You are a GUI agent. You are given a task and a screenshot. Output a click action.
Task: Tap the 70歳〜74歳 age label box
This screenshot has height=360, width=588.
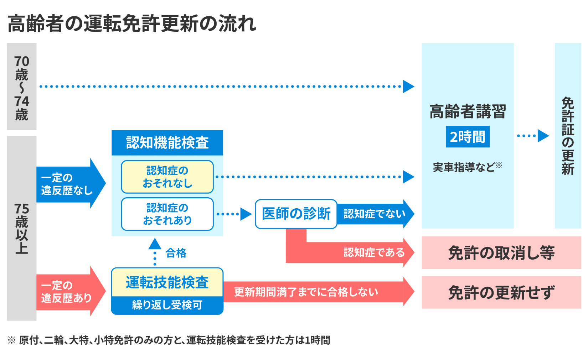point(21,87)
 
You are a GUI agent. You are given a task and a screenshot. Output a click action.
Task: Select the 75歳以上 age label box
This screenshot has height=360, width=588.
point(21,228)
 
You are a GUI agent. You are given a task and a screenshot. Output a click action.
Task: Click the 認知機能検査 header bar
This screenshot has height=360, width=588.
point(167,142)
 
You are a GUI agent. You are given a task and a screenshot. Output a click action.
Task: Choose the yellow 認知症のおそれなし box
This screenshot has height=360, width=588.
point(167,177)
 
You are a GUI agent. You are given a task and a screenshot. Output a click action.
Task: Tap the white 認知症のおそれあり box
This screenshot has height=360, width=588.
point(167,214)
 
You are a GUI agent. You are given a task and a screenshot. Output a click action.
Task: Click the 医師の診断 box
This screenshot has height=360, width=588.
point(296,214)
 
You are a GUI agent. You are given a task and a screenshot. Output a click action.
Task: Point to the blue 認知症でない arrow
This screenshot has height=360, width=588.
point(374,214)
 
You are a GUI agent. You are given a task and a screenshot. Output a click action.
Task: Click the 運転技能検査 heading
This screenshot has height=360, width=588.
point(167,282)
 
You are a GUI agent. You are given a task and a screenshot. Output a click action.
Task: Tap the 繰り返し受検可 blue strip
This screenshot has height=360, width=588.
point(167,305)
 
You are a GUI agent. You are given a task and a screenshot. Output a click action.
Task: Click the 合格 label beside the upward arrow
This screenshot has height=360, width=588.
point(176,253)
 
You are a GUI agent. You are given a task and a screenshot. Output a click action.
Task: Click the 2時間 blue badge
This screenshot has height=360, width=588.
point(468,136)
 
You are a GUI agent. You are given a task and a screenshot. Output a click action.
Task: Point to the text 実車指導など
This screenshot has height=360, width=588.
point(464,167)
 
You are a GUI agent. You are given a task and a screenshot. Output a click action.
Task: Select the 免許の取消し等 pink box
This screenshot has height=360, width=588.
point(501,253)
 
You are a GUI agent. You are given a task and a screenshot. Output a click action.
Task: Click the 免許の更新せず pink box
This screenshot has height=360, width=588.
point(501,292)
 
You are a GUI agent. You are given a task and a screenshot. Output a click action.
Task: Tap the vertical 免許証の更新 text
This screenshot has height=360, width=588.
point(568,135)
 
